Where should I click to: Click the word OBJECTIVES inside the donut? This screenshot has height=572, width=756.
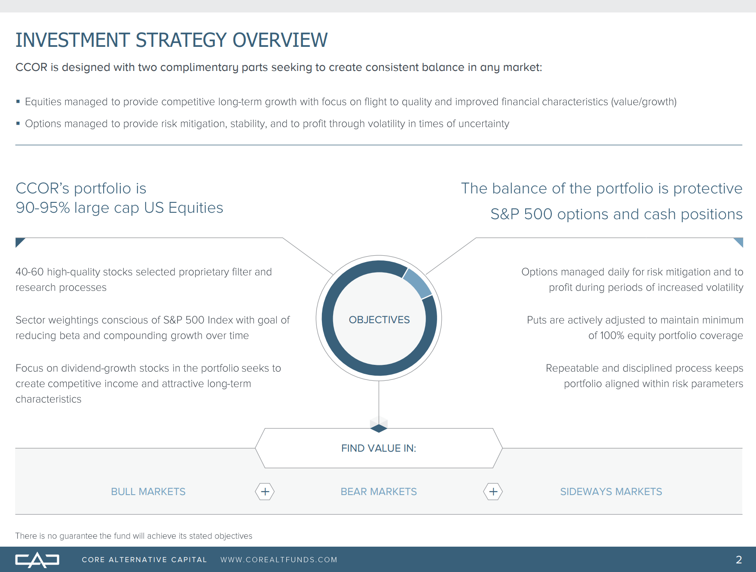(x=379, y=320)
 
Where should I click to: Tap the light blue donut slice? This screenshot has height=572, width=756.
(x=417, y=283)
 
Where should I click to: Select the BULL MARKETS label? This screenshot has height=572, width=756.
(x=148, y=492)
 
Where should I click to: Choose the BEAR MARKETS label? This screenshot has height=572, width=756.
(x=379, y=492)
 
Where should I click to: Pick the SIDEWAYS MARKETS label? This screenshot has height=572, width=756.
(x=611, y=492)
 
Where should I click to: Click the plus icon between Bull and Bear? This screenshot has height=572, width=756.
(x=265, y=492)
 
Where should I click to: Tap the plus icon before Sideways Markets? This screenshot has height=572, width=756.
(x=493, y=492)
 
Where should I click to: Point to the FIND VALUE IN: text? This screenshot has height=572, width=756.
(x=379, y=448)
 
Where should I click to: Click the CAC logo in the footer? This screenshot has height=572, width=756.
(x=37, y=560)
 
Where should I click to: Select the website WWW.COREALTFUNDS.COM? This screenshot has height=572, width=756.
(x=279, y=560)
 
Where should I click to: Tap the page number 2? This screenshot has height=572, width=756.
(x=739, y=560)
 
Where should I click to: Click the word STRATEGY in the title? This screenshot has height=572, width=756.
(x=181, y=40)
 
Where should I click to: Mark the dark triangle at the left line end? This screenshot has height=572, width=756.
(x=19, y=241)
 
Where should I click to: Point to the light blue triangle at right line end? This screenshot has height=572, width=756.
(x=739, y=241)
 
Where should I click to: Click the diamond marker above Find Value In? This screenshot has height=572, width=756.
(x=379, y=428)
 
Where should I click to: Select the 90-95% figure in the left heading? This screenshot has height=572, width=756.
(x=43, y=208)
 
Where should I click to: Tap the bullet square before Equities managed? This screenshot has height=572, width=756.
(x=18, y=102)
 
